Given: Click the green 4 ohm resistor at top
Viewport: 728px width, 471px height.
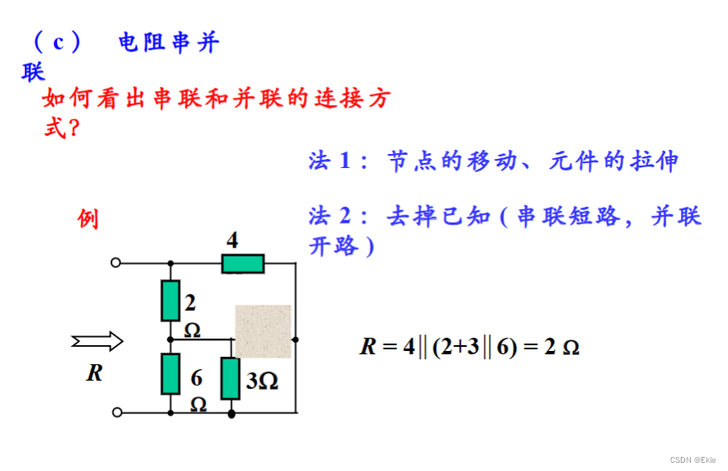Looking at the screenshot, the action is pos(243,263).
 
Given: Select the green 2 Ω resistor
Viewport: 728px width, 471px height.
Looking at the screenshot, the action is pos(170,300).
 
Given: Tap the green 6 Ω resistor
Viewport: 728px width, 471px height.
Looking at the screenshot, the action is pos(170,374).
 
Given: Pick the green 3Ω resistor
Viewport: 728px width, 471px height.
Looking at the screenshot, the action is pos(231,379).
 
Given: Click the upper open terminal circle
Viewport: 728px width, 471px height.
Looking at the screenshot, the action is pos(116,263).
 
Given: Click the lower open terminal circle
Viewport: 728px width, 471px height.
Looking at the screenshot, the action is pos(116,411).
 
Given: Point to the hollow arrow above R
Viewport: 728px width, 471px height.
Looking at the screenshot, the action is pos(98,340).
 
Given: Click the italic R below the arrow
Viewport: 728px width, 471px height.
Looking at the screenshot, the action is pos(94,373).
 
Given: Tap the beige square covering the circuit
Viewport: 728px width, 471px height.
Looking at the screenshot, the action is pos(263,331).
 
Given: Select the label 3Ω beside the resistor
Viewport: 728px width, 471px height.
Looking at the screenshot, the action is pos(262,381).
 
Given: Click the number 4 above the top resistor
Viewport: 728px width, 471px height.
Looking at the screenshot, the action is pos(232,241).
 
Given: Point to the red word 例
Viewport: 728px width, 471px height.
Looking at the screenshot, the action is pos(88,219).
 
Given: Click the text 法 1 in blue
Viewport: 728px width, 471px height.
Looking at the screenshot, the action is pos(330,161).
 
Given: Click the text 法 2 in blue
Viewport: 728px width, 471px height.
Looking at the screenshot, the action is pos(330,216).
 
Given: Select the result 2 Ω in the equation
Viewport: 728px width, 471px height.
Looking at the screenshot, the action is pos(561,347).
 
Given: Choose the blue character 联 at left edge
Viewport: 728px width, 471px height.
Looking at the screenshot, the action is pos(33,73).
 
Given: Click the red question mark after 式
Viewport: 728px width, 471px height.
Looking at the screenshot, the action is pos(73,128).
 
